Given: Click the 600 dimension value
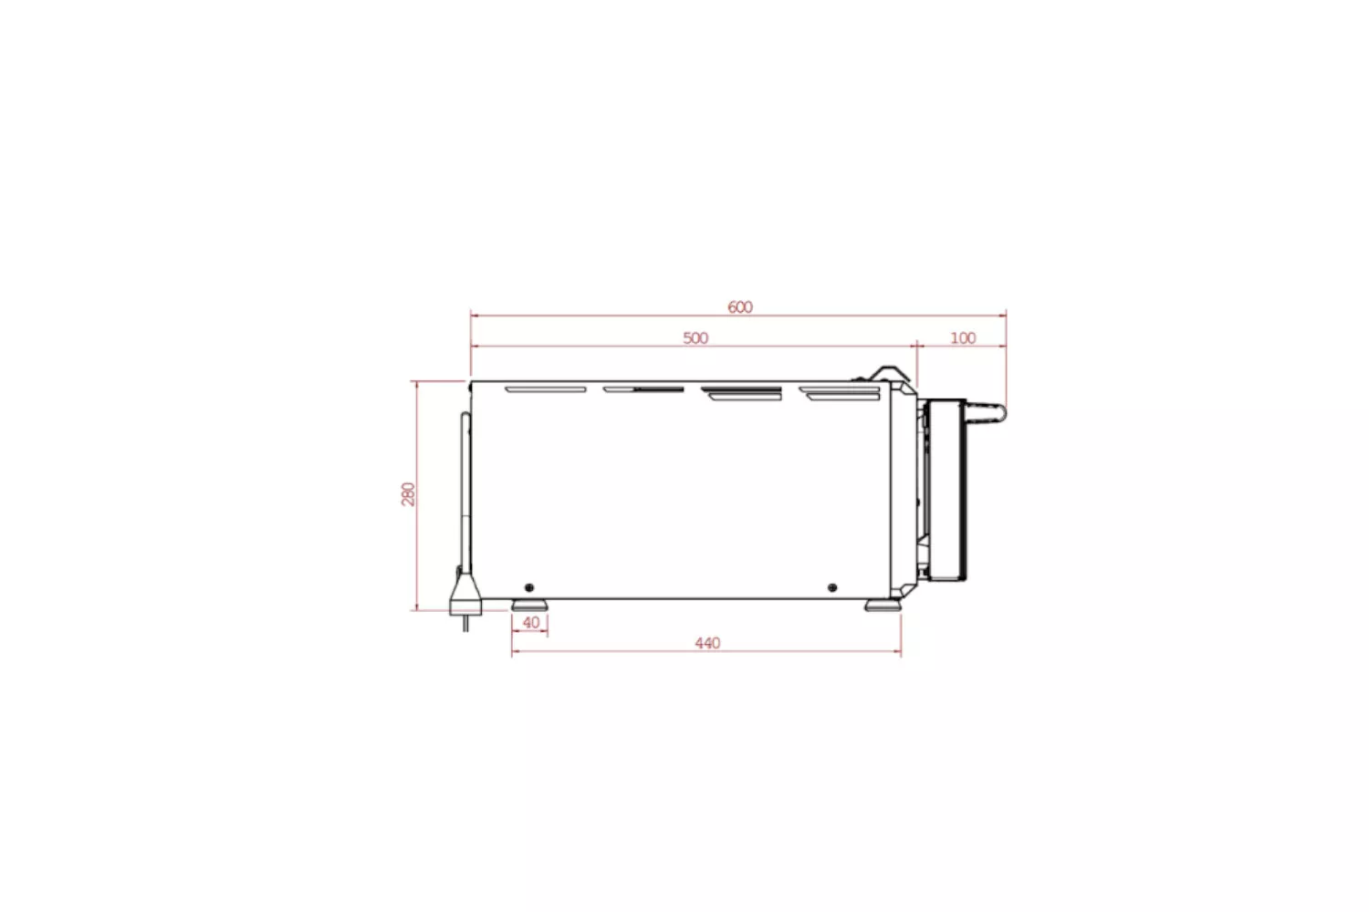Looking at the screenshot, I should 740,307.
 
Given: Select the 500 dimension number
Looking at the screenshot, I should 695,338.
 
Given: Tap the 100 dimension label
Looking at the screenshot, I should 963,338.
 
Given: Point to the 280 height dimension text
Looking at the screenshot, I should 408,494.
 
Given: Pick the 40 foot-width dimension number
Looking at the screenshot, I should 531,623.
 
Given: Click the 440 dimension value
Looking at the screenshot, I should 707,643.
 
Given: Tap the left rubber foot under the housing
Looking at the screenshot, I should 530,605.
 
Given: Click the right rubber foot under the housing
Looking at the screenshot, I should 882,605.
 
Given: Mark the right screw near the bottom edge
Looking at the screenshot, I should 831,586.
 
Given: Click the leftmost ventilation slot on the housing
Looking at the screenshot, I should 546,389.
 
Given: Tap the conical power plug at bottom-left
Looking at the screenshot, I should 464,593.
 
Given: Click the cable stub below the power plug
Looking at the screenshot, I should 465,623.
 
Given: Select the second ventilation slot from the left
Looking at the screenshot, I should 643,389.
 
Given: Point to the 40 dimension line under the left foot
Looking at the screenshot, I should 530,633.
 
